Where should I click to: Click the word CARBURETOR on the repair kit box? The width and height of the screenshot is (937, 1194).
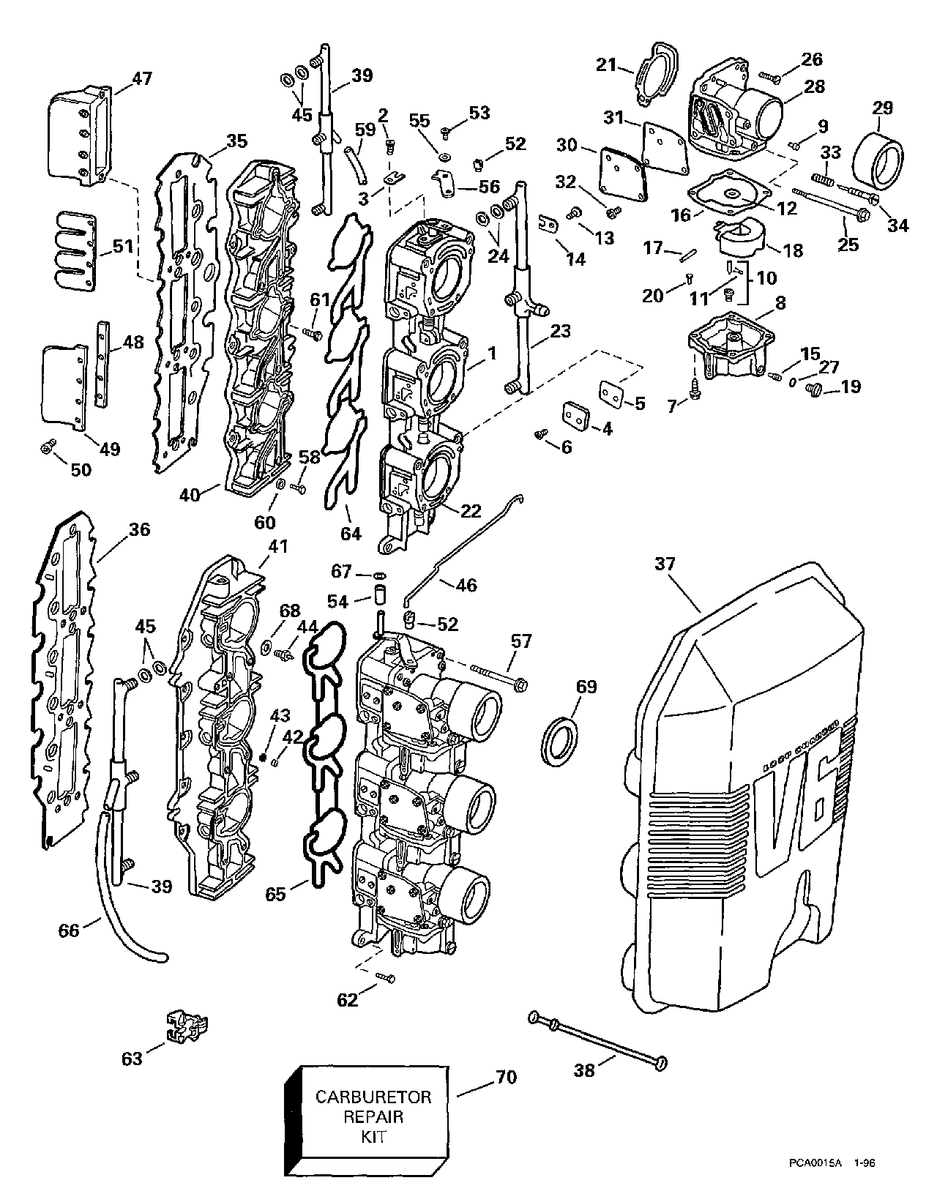(x=373, y=1097)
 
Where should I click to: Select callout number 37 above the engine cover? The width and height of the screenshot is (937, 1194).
(x=665, y=564)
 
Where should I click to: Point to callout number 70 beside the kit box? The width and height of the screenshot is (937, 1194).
(x=507, y=1077)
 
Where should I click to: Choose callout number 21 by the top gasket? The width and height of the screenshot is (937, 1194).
(x=606, y=65)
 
